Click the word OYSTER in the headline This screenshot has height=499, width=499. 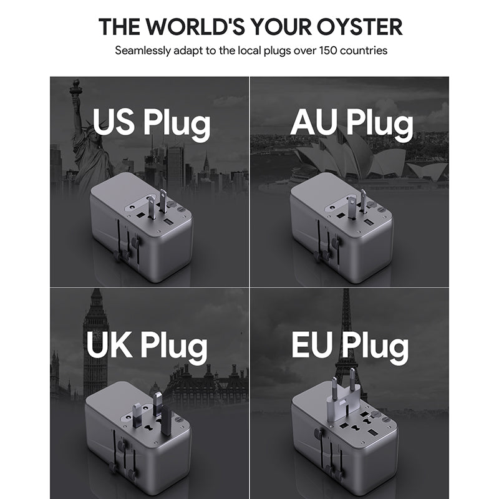tap(360, 26)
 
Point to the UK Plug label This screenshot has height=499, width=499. tap(147, 346)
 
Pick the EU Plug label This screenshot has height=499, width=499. tap(350, 346)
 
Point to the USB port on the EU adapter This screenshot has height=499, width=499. tap(372, 433)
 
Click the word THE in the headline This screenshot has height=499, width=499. tap(119, 26)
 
